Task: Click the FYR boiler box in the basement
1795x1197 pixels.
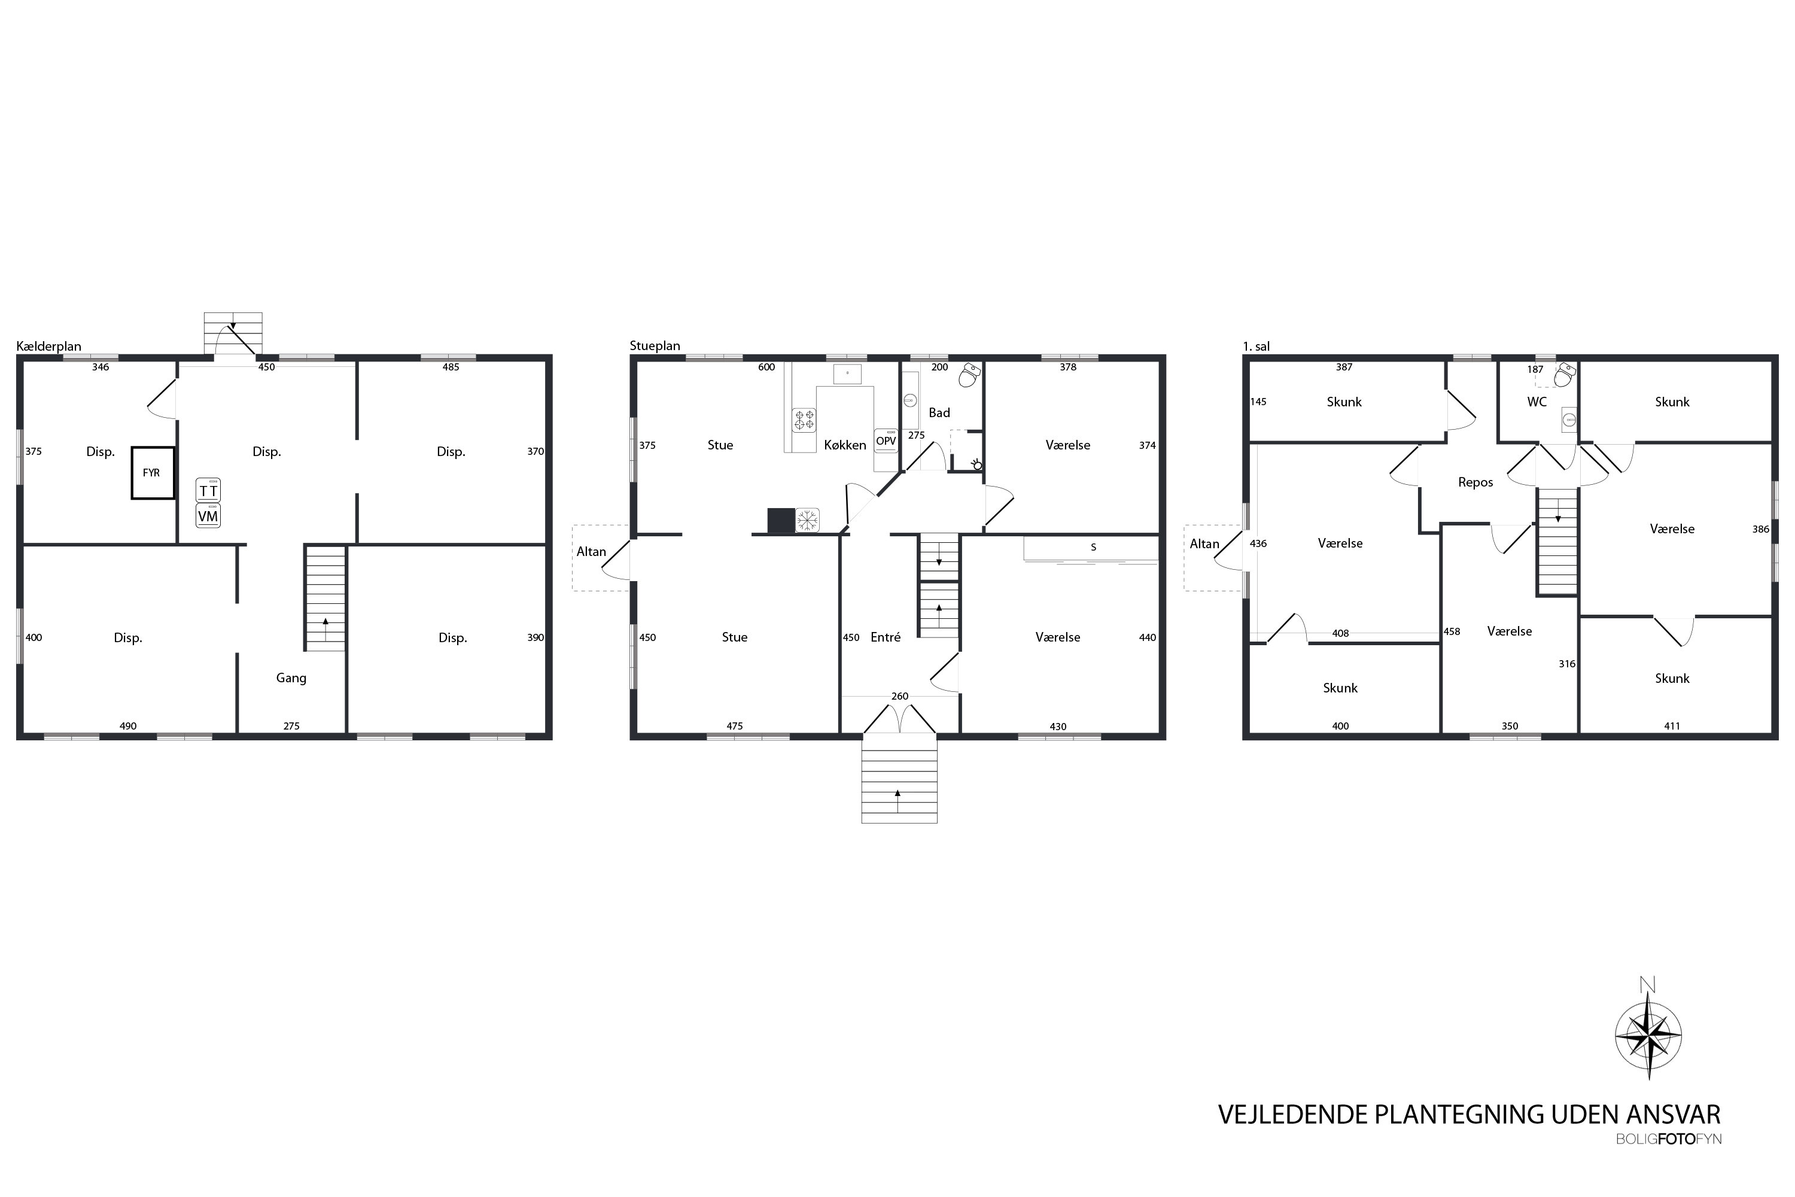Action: pyautogui.click(x=153, y=473)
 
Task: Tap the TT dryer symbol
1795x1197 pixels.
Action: pyautogui.click(x=208, y=490)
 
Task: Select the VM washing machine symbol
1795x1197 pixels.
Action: pyautogui.click(x=208, y=516)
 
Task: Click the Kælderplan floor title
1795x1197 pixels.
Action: pyautogui.click(x=49, y=347)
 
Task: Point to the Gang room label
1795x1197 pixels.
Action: pyautogui.click(x=291, y=678)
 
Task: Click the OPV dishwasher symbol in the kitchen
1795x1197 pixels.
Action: pyautogui.click(x=886, y=440)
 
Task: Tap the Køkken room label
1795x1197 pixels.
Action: pyautogui.click(x=845, y=445)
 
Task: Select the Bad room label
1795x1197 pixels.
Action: pyautogui.click(x=939, y=413)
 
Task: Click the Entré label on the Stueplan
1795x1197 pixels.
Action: pyautogui.click(x=886, y=637)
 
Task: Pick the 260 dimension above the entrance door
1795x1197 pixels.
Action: pyautogui.click(x=900, y=696)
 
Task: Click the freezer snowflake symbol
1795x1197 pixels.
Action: pyautogui.click(x=807, y=521)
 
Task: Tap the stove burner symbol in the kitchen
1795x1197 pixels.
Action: pyautogui.click(x=804, y=420)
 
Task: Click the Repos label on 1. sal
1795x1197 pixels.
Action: pyautogui.click(x=1475, y=482)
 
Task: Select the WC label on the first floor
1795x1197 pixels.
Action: pyautogui.click(x=1537, y=402)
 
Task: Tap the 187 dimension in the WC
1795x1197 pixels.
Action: pyautogui.click(x=1535, y=369)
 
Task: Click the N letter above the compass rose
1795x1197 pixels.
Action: pyautogui.click(x=1648, y=985)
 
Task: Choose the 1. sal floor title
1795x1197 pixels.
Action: pyautogui.click(x=1256, y=347)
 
